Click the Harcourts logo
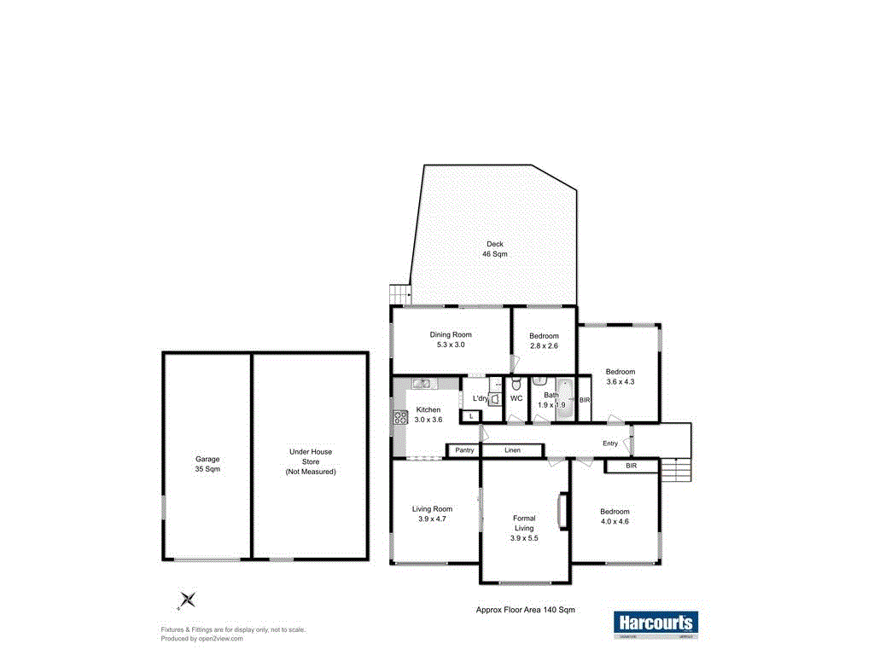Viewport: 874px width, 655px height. tap(655, 623)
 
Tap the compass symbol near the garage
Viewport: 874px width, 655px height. tap(186, 600)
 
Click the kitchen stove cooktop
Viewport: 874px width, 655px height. tap(399, 418)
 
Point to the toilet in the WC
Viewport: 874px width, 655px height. tap(516, 385)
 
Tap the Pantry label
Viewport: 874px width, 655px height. tap(464, 449)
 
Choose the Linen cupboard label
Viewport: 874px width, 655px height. tap(512, 449)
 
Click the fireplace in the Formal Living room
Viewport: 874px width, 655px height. tap(562, 511)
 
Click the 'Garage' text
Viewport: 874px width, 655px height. tap(207, 459)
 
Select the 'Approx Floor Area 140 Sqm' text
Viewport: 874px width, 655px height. tap(525, 610)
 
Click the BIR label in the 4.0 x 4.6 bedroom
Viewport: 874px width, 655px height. tap(631, 467)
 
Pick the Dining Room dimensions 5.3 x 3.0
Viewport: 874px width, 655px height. tap(451, 345)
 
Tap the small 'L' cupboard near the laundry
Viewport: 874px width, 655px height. tap(469, 415)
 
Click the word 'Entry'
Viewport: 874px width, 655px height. tap(610, 443)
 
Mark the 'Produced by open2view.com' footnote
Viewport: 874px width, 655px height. tap(202, 638)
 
